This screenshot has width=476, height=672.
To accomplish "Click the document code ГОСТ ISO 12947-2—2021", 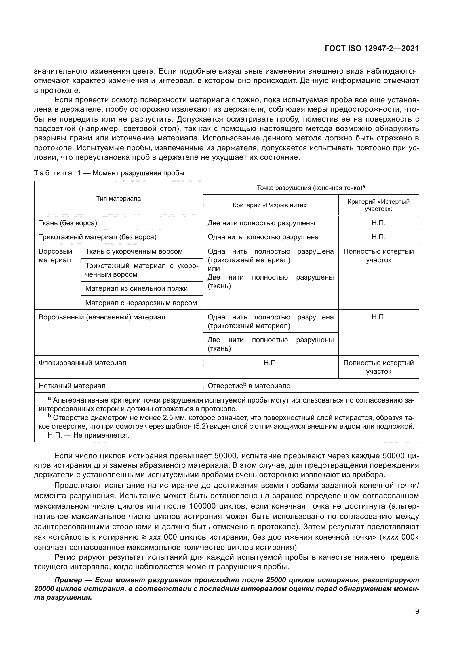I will (x=371, y=48).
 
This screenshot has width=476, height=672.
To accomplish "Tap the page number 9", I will (x=417, y=611).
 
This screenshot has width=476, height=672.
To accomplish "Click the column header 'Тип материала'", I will (x=118, y=199).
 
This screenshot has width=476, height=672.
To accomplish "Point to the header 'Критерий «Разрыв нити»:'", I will (x=270, y=205).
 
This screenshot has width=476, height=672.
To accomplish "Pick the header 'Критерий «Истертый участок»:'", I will (x=378, y=205).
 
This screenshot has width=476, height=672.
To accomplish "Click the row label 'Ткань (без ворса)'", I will (x=68, y=223).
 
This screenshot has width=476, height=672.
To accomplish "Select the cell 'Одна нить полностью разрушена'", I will (x=263, y=237).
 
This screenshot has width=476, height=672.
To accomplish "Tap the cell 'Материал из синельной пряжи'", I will (x=136, y=288).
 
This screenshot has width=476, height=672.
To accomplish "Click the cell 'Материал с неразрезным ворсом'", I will (x=141, y=303).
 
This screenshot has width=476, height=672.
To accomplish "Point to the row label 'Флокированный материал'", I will (x=82, y=363).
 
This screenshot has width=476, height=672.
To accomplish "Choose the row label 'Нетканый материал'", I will (x=72, y=386).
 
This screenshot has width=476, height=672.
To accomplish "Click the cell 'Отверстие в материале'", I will (x=249, y=386).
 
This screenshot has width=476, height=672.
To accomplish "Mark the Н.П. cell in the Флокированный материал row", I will (x=270, y=363).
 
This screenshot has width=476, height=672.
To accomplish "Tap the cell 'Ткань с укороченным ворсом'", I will (x=134, y=251).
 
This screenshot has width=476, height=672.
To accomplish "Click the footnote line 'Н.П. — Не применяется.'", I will (x=89, y=435).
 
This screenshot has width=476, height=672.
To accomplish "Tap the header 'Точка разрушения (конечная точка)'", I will (x=311, y=188).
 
